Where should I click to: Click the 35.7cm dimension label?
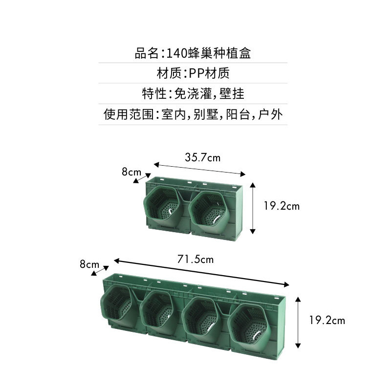202,157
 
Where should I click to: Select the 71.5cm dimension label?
195,259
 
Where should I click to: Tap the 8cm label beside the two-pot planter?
131,172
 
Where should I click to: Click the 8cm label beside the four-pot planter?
89,264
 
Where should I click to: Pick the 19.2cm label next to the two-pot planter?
282,206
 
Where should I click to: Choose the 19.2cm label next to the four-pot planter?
327,321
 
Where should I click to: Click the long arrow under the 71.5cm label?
201,273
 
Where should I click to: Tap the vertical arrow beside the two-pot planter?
253,208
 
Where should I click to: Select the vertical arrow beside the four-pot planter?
298,322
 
